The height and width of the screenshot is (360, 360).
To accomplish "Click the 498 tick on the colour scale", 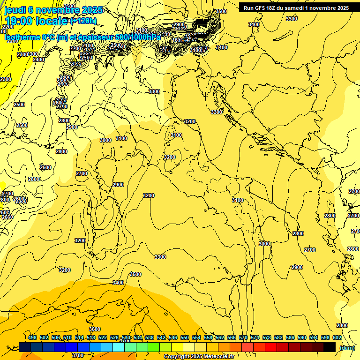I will (32, 337).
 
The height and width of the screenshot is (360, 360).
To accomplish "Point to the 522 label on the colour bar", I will (103, 337).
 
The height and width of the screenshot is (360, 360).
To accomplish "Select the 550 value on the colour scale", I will (185, 337).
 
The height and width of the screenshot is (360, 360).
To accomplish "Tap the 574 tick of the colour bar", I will (255, 337).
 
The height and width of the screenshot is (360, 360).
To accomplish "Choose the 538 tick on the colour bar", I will (150, 337).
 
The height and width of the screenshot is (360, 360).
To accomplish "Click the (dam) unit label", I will (347, 347).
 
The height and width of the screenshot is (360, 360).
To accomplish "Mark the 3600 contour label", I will (94, 330).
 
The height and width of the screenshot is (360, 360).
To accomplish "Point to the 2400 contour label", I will (38, 60).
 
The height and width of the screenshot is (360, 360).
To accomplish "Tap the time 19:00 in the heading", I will (19, 21).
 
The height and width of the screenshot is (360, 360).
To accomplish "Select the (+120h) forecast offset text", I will (83, 21).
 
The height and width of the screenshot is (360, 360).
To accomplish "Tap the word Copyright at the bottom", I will (177, 357).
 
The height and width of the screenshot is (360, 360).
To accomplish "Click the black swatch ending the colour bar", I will (330, 347).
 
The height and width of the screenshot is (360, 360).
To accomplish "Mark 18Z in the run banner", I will (271, 8).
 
